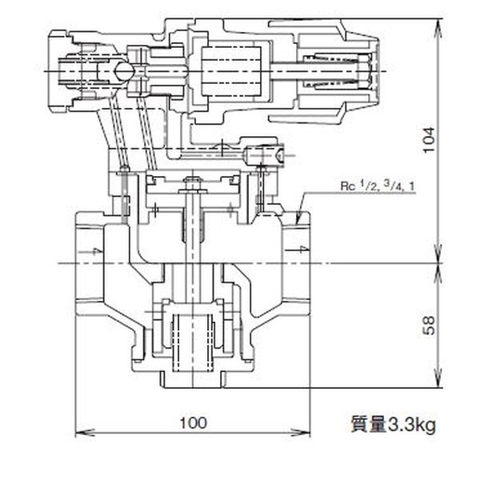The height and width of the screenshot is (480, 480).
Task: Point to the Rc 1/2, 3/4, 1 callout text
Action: click(376, 188)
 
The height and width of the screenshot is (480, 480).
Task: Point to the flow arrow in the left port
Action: click(96, 252)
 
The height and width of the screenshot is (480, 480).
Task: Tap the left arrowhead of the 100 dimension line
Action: click(78, 434)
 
